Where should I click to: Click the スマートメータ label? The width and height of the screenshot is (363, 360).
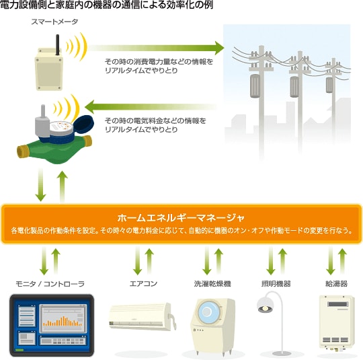coord(54,22)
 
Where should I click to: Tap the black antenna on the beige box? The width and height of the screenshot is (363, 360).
coord(57,44)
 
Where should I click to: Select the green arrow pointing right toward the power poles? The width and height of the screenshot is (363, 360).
coord(156,48)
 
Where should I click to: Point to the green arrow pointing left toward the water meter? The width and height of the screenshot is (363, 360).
coord(151,107)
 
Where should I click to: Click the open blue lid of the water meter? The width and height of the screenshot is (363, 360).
coord(84,124)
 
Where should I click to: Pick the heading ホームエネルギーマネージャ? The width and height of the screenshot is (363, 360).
coord(181,218)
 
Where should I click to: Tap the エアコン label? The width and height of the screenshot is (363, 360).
coord(144,283)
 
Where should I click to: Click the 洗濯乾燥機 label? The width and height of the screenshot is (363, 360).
coord(212,283)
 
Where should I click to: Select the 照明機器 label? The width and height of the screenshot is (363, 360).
coord(276,283)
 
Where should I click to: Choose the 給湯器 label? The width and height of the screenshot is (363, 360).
coord(336,283)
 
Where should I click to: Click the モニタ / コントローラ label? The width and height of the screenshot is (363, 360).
coord(50,283)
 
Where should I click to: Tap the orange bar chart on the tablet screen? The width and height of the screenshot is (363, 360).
coord(63,321)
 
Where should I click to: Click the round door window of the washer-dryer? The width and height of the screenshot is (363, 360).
coord(208,312)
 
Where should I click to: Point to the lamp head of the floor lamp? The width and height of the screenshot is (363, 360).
coord(266,305)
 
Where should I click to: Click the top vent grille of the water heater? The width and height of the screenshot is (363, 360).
coord(337,304)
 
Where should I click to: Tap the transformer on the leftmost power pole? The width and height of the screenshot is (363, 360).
coord(255,85)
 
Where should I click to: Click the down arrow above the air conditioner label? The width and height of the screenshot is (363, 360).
coord(138,261)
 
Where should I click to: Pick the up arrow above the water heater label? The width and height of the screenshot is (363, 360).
coord(343,261)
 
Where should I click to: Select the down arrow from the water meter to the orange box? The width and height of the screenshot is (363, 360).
coord(41,184)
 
